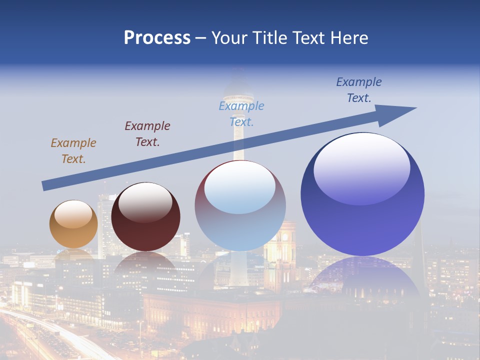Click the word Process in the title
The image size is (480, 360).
click(157, 38)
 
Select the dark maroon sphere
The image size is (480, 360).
click(145, 225)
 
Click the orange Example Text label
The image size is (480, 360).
click(73, 151)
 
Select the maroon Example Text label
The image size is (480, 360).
click(147, 134)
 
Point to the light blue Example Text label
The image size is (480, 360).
click(241, 113)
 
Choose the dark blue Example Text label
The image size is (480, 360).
click(359, 90)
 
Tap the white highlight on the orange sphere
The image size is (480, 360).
click(73, 214)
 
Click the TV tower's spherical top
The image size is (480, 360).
click(239, 92)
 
